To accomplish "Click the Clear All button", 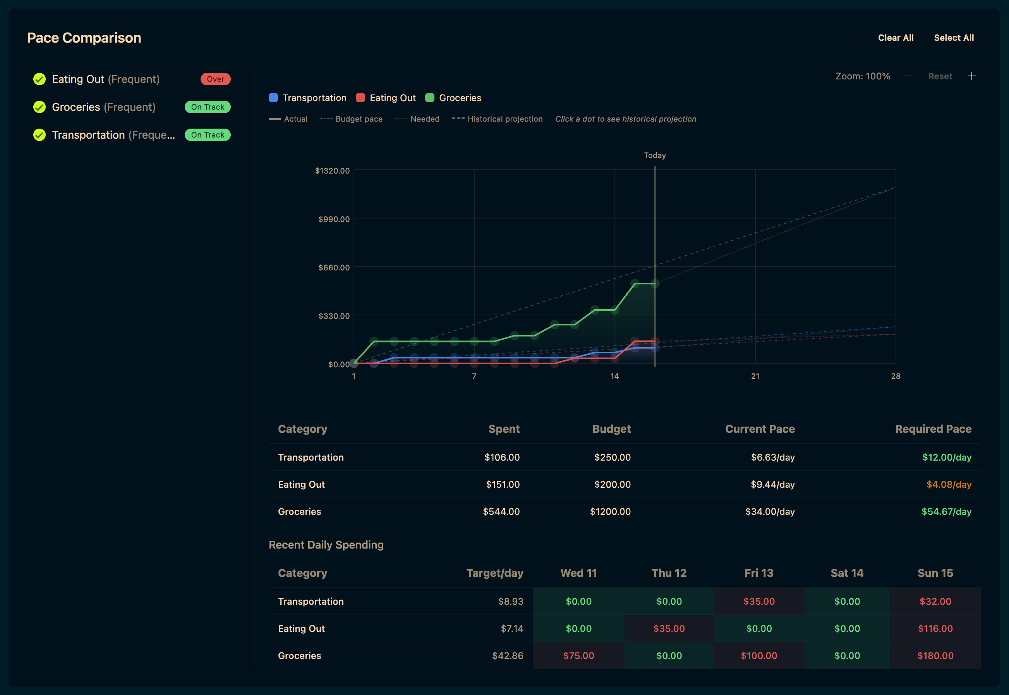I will [x=896, y=38].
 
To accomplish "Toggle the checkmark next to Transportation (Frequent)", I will [x=39, y=135].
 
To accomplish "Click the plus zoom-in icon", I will [x=971, y=76].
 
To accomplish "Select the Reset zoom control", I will [x=940, y=76].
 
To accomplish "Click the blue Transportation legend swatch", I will [x=273, y=98].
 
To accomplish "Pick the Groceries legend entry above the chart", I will [x=453, y=98].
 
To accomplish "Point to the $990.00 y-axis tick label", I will [x=334, y=219].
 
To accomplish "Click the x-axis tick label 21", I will [x=755, y=376].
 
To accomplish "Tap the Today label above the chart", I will [x=654, y=155].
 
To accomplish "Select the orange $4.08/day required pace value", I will [x=949, y=485].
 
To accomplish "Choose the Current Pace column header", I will [x=760, y=429].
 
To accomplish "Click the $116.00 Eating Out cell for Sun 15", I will [x=935, y=629].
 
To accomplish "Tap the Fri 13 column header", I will [x=759, y=573].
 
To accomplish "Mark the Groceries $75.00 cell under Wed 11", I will [x=578, y=656].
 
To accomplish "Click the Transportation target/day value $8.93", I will [x=510, y=601].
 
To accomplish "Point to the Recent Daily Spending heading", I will [x=326, y=545].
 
